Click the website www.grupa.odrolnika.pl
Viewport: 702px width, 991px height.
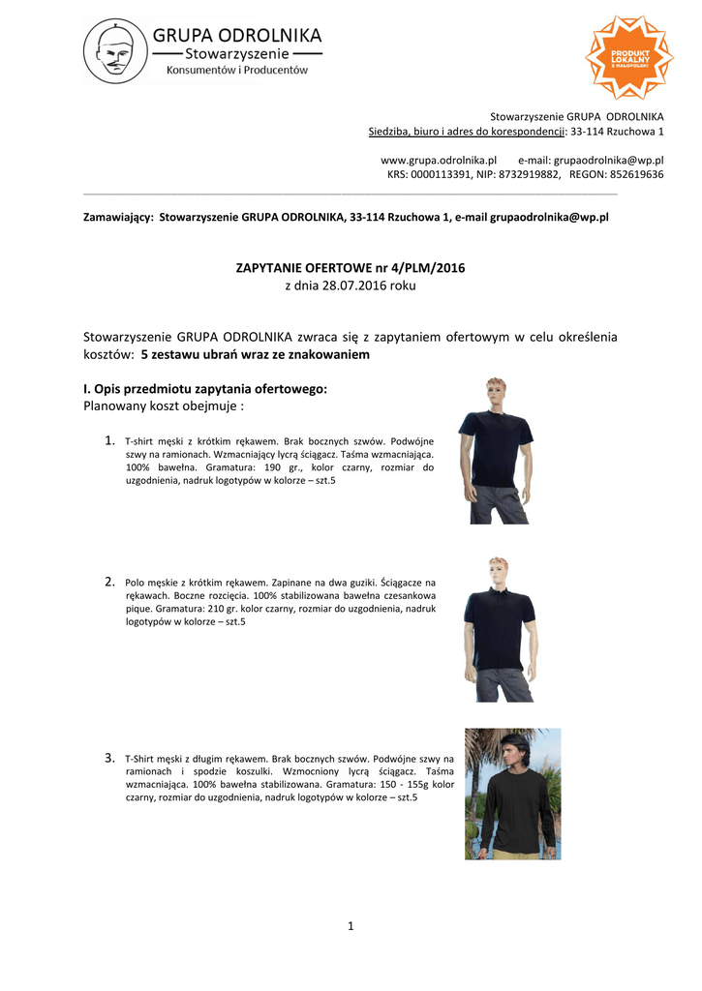pos(439,160)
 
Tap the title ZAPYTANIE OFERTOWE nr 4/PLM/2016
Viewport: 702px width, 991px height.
pos(351,267)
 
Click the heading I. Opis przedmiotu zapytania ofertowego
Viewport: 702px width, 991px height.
pos(205,389)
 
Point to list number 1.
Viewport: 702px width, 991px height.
pos(109,441)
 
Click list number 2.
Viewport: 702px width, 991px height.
pos(109,582)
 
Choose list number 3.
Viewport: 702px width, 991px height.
pos(109,758)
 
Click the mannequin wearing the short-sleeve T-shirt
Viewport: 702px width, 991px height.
pos(495,450)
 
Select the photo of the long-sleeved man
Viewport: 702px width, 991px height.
pos(512,794)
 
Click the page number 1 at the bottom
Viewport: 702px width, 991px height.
pos(351,927)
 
